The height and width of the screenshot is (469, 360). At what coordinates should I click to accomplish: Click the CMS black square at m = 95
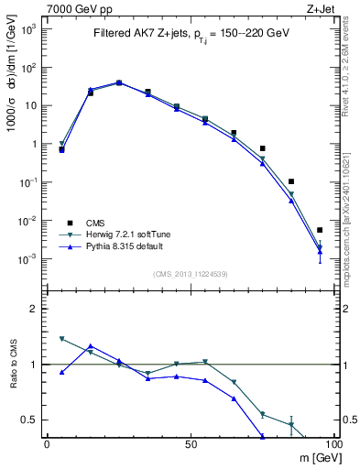[320, 230]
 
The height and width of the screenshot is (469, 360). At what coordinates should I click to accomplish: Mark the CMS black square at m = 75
[262, 148]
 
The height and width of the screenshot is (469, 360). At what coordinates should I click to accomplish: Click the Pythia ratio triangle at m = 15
[90, 346]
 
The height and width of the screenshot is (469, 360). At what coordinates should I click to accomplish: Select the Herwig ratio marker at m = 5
[61, 339]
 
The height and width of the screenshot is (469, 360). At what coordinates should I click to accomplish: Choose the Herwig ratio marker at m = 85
[291, 425]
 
